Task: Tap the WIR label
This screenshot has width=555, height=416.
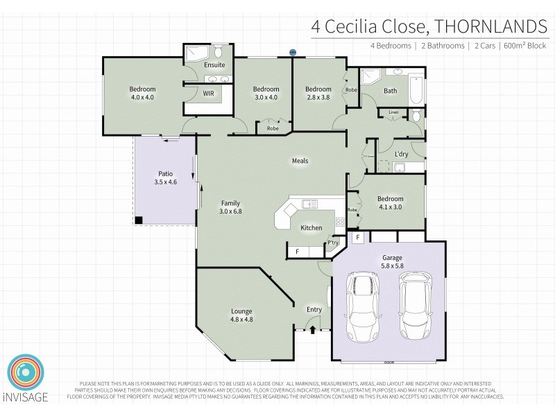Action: coord(208,93)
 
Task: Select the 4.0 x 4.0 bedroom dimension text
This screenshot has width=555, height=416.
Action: coord(142,98)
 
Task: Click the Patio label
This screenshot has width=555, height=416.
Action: coord(165,174)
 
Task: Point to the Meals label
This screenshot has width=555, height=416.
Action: coord(300,161)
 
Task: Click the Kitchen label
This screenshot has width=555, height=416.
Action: coord(311,227)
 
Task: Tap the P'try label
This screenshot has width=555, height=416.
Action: coord(333,243)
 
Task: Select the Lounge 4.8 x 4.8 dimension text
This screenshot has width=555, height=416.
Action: coord(241,320)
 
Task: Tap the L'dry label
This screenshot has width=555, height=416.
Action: coord(401,154)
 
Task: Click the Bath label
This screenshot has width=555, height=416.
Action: coord(391,91)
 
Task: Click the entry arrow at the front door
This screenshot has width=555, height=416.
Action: coord(313,329)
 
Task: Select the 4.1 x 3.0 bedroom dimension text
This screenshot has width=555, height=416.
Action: coord(390,207)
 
